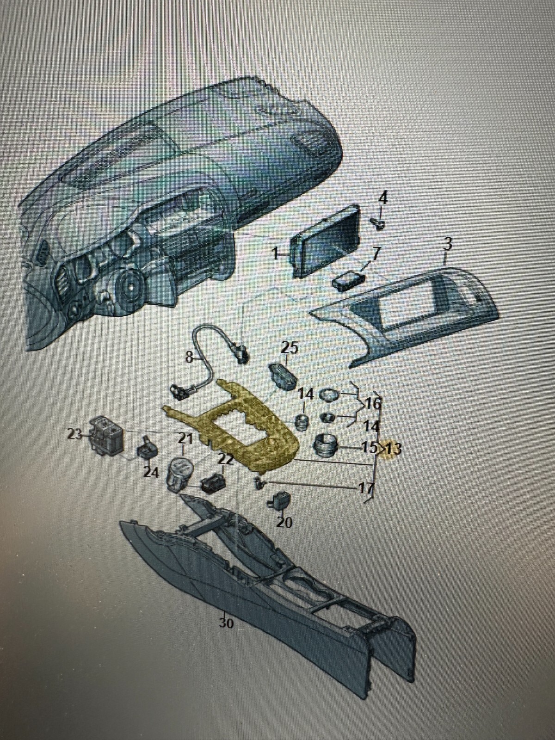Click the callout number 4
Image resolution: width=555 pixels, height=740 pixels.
tap(383, 198)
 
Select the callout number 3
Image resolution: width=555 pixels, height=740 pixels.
tap(446, 245)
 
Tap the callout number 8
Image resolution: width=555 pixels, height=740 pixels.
tap(189, 357)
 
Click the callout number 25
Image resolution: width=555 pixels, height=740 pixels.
tap(290, 347)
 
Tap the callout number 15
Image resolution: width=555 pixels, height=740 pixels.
tap(370, 448)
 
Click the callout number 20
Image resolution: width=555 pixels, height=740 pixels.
tap(284, 522)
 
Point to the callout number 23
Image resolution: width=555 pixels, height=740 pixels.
tap(74, 434)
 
